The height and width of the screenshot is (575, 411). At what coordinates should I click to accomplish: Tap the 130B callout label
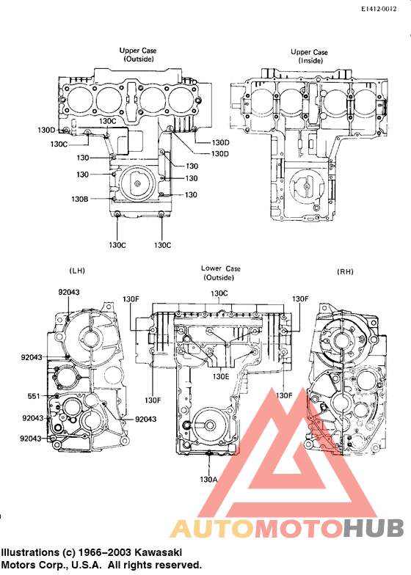(x=79, y=199)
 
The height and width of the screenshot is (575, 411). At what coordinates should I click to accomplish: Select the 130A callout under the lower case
(x=209, y=478)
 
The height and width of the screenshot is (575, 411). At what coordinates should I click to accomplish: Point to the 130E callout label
(x=221, y=376)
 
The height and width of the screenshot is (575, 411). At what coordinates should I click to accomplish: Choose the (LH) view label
(x=76, y=271)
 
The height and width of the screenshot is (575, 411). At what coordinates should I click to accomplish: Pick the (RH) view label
(x=345, y=271)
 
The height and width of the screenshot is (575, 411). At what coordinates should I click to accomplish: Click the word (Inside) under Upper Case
(x=309, y=61)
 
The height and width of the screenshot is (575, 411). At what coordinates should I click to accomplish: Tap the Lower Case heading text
(x=220, y=268)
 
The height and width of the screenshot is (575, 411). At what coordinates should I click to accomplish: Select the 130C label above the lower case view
(x=219, y=293)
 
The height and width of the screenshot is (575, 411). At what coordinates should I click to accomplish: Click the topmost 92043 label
(x=70, y=292)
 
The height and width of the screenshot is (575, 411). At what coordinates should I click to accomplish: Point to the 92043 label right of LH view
(x=146, y=419)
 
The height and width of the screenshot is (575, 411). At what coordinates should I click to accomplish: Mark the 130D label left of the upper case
(x=46, y=130)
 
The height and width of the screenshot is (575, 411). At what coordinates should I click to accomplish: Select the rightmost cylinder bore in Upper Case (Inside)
(x=359, y=99)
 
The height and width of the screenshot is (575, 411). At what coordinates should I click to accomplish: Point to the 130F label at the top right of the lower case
(x=300, y=299)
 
